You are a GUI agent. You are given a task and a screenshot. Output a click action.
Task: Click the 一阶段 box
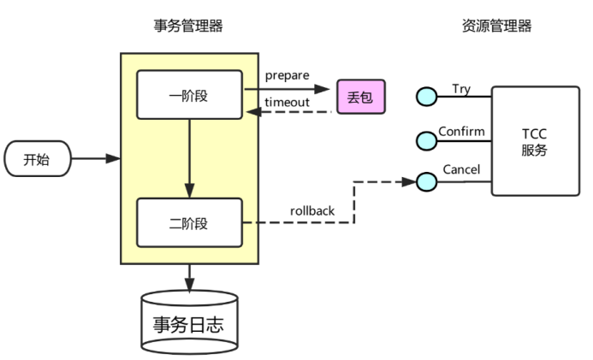tap(189, 95)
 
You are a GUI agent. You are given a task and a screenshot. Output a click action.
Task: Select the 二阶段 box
tap(189, 223)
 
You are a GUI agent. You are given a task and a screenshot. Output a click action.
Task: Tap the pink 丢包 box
tap(360, 97)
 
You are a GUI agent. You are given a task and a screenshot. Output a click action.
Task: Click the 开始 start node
tap(36, 158)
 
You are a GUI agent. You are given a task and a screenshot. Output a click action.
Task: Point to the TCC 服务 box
tap(534, 142)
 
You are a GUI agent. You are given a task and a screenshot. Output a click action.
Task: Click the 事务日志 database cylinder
tap(189, 322)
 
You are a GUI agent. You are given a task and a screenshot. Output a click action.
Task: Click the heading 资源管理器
tap(496, 26)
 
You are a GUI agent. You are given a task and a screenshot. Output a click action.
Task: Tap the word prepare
tap(287, 75)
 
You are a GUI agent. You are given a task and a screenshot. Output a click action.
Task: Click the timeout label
tap(287, 102)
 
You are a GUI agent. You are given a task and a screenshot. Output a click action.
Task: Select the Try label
tap(460, 89)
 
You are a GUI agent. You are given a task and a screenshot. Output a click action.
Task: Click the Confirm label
tap(461, 132)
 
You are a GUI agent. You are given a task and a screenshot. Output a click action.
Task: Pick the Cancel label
tap(461, 169)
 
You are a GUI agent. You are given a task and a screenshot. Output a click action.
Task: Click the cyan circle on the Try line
tap(426, 97)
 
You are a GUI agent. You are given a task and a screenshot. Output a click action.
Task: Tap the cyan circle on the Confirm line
tap(426, 139)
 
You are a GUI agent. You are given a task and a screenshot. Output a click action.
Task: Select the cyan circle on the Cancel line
tap(426, 180)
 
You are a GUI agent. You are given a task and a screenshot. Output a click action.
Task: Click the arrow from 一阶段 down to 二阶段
tap(189, 158)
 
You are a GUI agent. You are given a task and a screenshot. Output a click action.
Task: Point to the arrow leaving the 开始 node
tap(94, 158)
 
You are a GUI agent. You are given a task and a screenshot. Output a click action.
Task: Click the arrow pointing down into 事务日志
tap(189, 277)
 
